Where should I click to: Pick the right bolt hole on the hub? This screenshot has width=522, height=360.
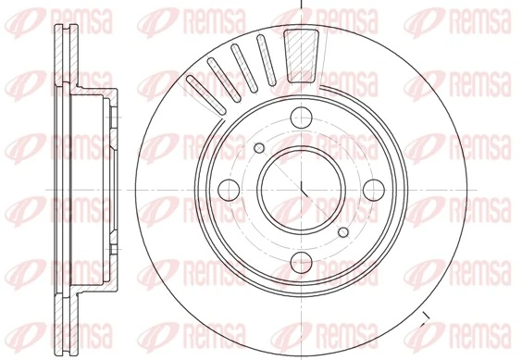(373, 189)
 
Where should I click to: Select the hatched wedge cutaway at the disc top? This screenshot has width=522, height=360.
(300, 55)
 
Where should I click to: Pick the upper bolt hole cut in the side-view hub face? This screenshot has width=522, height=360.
(112, 117)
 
